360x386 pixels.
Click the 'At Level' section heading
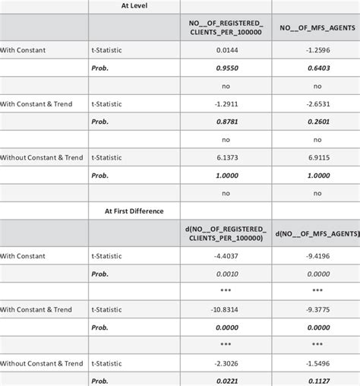[134, 5]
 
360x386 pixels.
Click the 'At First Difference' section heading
[134, 210]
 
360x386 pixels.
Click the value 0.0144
[226, 50]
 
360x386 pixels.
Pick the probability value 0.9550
[226, 68]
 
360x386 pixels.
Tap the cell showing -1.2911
[226, 104]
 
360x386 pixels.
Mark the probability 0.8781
[226, 122]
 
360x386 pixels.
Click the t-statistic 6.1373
[226, 157]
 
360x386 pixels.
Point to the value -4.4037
[226, 256]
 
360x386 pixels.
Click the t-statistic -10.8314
[226, 309]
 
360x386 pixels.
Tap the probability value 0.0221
[226, 380]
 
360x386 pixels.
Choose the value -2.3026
[226, 363]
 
